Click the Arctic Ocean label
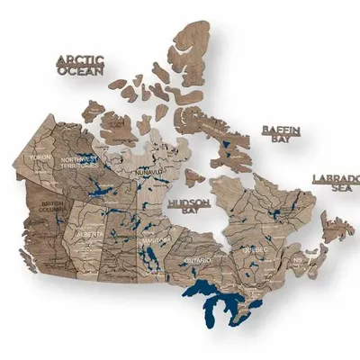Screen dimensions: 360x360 (x=80, y=66)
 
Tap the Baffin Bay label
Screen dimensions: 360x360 (x=280, y=135)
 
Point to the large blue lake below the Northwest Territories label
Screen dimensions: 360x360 (x=93, y=191)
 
